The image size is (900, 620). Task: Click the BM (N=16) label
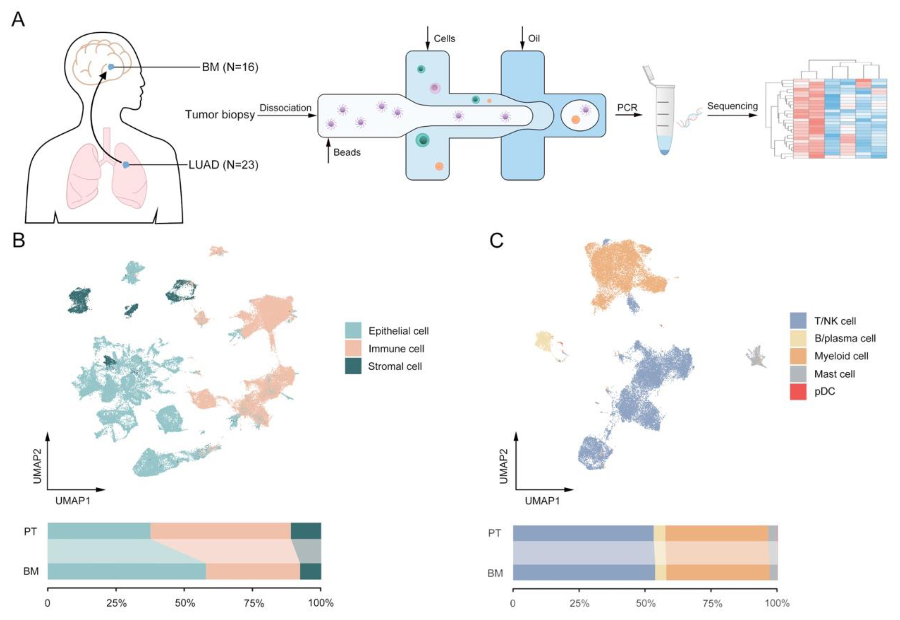230,67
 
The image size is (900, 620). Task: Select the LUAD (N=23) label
223,165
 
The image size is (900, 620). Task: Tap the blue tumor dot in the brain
111,67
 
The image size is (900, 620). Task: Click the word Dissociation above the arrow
285,108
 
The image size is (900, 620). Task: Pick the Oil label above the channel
534,39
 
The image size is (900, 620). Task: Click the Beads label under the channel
347,152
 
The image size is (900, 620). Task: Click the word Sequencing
732,106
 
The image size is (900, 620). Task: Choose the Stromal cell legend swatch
353,366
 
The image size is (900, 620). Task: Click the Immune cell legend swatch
353,348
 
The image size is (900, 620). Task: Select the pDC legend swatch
798,391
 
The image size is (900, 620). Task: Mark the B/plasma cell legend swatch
798,338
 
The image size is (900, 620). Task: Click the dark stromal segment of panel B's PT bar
306,531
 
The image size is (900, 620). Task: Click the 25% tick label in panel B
116,603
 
